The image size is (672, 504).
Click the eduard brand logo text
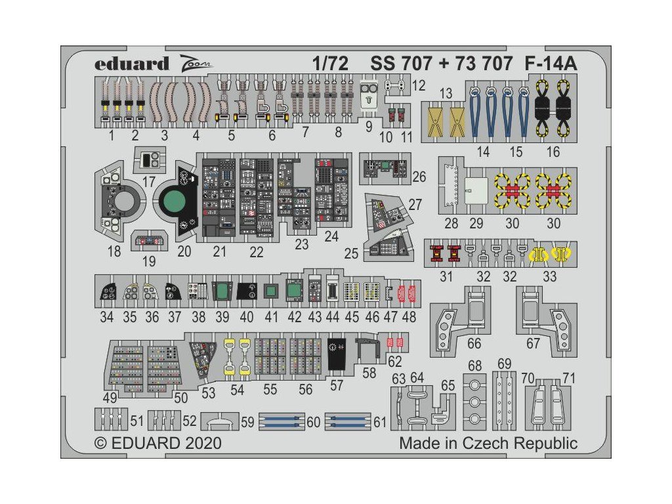(x=131, y=64)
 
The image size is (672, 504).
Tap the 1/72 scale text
(x=330, y=64)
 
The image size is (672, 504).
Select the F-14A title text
(x=552, y=64)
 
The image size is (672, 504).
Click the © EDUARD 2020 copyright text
(x=157, y=443)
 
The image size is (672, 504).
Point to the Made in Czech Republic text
(x=488, y=443)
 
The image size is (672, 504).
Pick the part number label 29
(x=477, y=223)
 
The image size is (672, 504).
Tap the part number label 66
(x=474, y=343)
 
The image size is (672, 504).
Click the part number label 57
(x=336, y=385)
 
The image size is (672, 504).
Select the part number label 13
(x=446, y=94)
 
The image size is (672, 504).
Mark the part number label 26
(x=419, y=176)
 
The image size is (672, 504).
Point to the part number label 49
(x=111, y=398)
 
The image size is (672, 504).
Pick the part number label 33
(x=549, y=276)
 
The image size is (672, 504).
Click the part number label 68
(x=475, y=365)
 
